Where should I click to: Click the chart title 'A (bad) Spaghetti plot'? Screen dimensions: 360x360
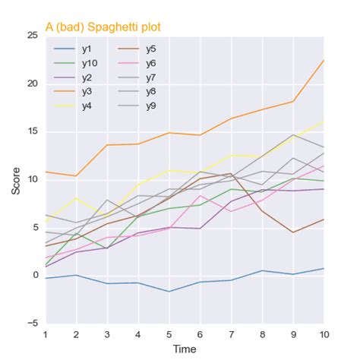[103, 27]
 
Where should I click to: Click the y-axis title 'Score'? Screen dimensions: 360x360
[16, 179]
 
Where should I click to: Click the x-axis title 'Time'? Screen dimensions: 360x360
[185, 348]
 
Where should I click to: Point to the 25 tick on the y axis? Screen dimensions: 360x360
[32, 36]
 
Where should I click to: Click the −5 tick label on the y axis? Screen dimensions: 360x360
[32, 323]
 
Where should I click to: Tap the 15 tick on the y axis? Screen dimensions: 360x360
[32, 131]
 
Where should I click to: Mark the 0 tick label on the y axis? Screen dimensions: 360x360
[35, 275]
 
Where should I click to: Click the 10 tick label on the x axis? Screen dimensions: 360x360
[324, 334]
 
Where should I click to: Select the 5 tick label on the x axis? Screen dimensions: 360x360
[169, 334]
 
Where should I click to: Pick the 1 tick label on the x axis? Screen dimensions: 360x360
[46, 334]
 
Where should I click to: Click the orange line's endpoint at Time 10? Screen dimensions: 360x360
[324, 60]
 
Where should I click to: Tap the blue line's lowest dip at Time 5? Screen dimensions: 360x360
[169, 291]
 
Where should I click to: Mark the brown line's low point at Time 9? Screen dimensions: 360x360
[293, 232]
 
